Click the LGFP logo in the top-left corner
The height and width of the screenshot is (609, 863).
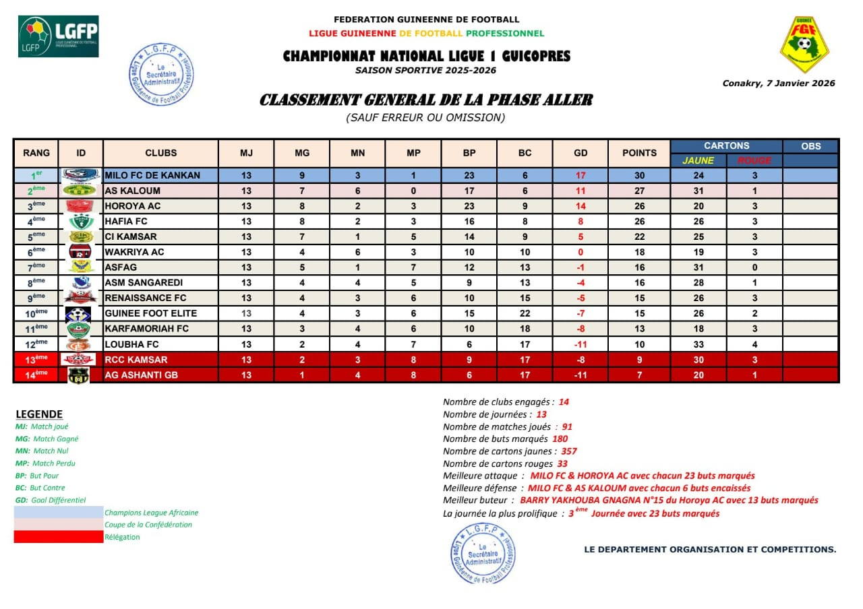pyautogui.click(x=58, y=36)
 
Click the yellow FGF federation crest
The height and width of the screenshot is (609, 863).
pyautogui.click(x=804, y=45)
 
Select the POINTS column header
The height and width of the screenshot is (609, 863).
pyautogui.click(x=639, y=153)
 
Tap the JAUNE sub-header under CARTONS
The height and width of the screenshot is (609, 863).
pyautogui.click(x=698, y=160)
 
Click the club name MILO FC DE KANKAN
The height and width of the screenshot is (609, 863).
pyautogui.click(x=152, y=175)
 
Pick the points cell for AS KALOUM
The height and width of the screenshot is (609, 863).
pyautogui.click(x=639, y=191)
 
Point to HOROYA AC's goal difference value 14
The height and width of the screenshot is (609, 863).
pyautogui.click(x=581, y=206)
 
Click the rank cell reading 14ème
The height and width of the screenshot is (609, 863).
pyautogui.click(x=36, y=375)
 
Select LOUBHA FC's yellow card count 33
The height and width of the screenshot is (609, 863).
pyautogui.click(x=698, y=344)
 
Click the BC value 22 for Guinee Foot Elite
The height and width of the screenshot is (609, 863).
pyautogui.click(x=525, y=313)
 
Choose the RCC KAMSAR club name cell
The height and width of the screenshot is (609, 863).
pyautogui.click(x=136, y=360)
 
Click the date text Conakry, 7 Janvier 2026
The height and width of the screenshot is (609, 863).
pyautogui.click(x=779, y=84)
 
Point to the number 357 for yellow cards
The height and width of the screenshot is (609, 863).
pyautogui.click(x=568, y=451)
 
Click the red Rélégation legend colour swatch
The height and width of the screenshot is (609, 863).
pyautogui.click(x=59, y=537)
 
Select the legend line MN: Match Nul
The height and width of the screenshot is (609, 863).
pyautogui.click(x=42, y=451)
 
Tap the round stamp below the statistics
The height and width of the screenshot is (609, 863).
pyautogui.click(x=483, y=552)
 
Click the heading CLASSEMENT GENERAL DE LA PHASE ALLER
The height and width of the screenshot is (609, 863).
pyautogui.click(x=426, y=100)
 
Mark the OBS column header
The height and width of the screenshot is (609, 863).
pyautogui.click(x=811, y=146)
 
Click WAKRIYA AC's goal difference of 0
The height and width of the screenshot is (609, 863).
pyautogui.click(x=581, y=252)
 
